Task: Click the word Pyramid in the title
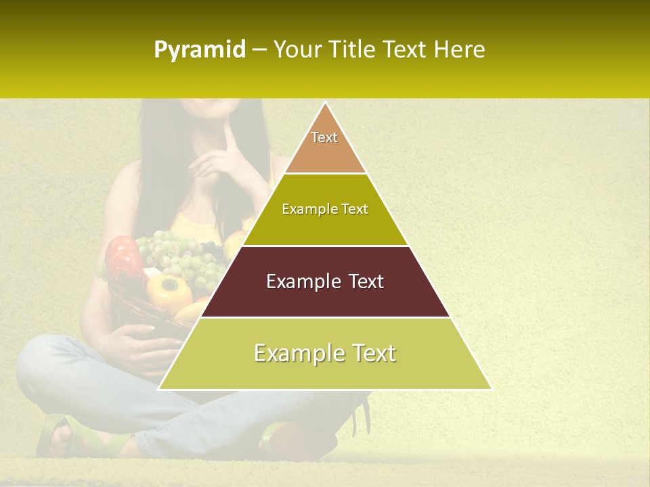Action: click(200, 50)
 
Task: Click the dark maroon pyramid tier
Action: click(325, 282)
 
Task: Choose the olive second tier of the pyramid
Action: click(325, 210)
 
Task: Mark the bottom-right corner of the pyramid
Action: click(491, 389)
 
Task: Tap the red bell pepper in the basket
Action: click(123, 257)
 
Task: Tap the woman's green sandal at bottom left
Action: click(61, 436)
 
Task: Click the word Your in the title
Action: click(297, 49)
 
